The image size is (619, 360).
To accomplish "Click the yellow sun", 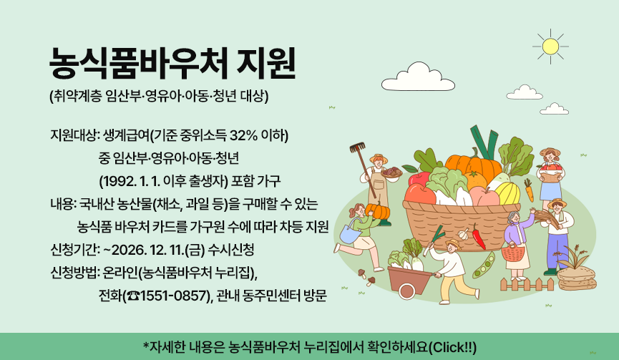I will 550,46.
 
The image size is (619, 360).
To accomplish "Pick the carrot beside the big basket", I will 528,190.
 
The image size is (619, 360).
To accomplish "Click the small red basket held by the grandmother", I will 512,252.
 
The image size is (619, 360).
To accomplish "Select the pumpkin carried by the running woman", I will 377,211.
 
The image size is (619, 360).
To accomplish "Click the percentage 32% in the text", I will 240,135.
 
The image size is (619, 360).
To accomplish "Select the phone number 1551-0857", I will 174,296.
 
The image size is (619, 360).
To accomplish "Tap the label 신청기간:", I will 74,250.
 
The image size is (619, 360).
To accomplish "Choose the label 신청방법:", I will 74,273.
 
